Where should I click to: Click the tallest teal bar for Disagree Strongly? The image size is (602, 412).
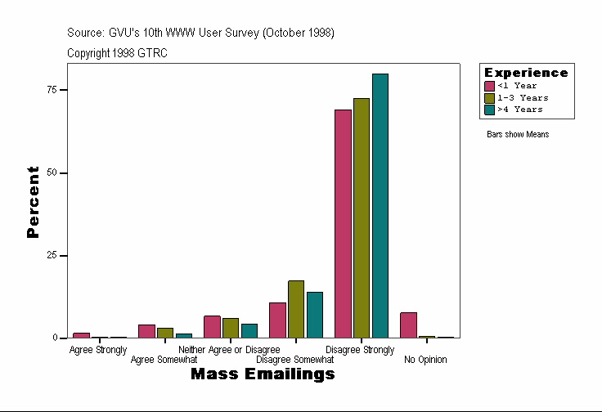380,205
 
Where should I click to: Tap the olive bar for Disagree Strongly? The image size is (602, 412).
362,217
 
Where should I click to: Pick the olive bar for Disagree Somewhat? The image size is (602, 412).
296,309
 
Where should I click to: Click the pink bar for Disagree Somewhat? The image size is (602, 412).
277,320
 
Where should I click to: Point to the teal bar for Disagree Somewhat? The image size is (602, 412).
315,315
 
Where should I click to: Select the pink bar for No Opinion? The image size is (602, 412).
408,325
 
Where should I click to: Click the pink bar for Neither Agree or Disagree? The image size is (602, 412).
212,326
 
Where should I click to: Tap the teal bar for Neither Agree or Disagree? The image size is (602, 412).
249,330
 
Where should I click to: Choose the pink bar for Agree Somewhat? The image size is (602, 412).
146,331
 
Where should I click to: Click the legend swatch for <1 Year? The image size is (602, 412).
490,86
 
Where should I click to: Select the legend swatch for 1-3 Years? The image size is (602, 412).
490,97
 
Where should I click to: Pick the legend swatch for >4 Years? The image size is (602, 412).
490,109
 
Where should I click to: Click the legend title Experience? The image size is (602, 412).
526,73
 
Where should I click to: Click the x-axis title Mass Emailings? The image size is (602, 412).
263,374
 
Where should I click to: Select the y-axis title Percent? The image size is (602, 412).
33,202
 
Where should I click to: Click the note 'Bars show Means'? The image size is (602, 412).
518,134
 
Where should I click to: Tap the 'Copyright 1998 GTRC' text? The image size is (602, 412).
118,52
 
